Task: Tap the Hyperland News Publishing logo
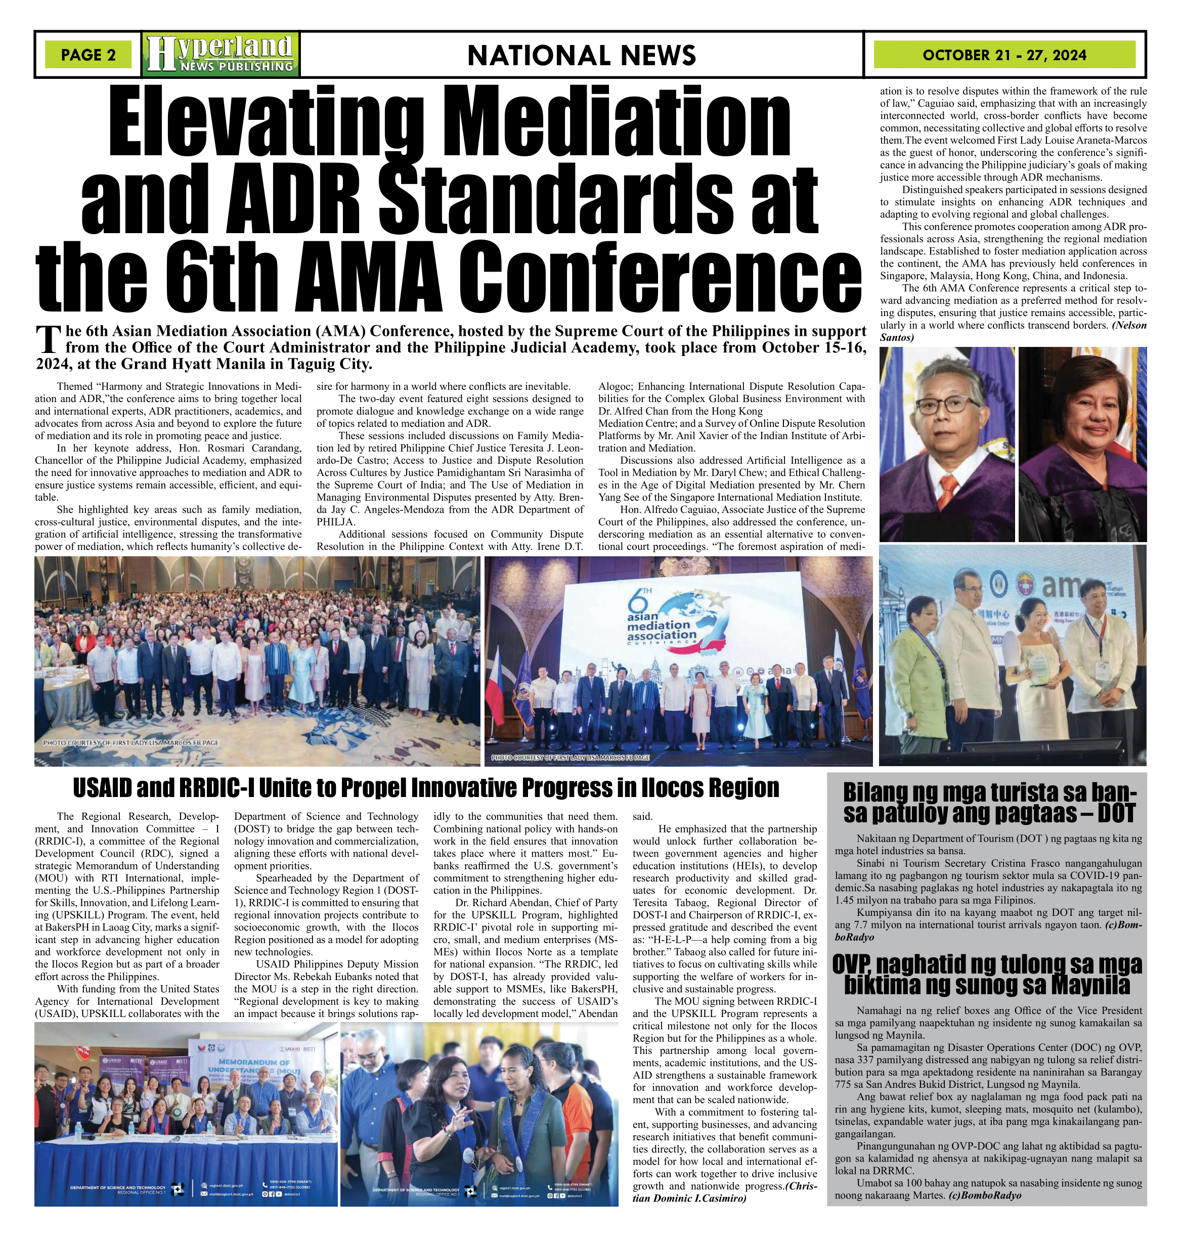click(x=221, y=55)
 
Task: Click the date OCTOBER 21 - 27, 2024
click(x=1004, y=55)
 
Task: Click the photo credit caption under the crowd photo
click(x=130, y=742)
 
